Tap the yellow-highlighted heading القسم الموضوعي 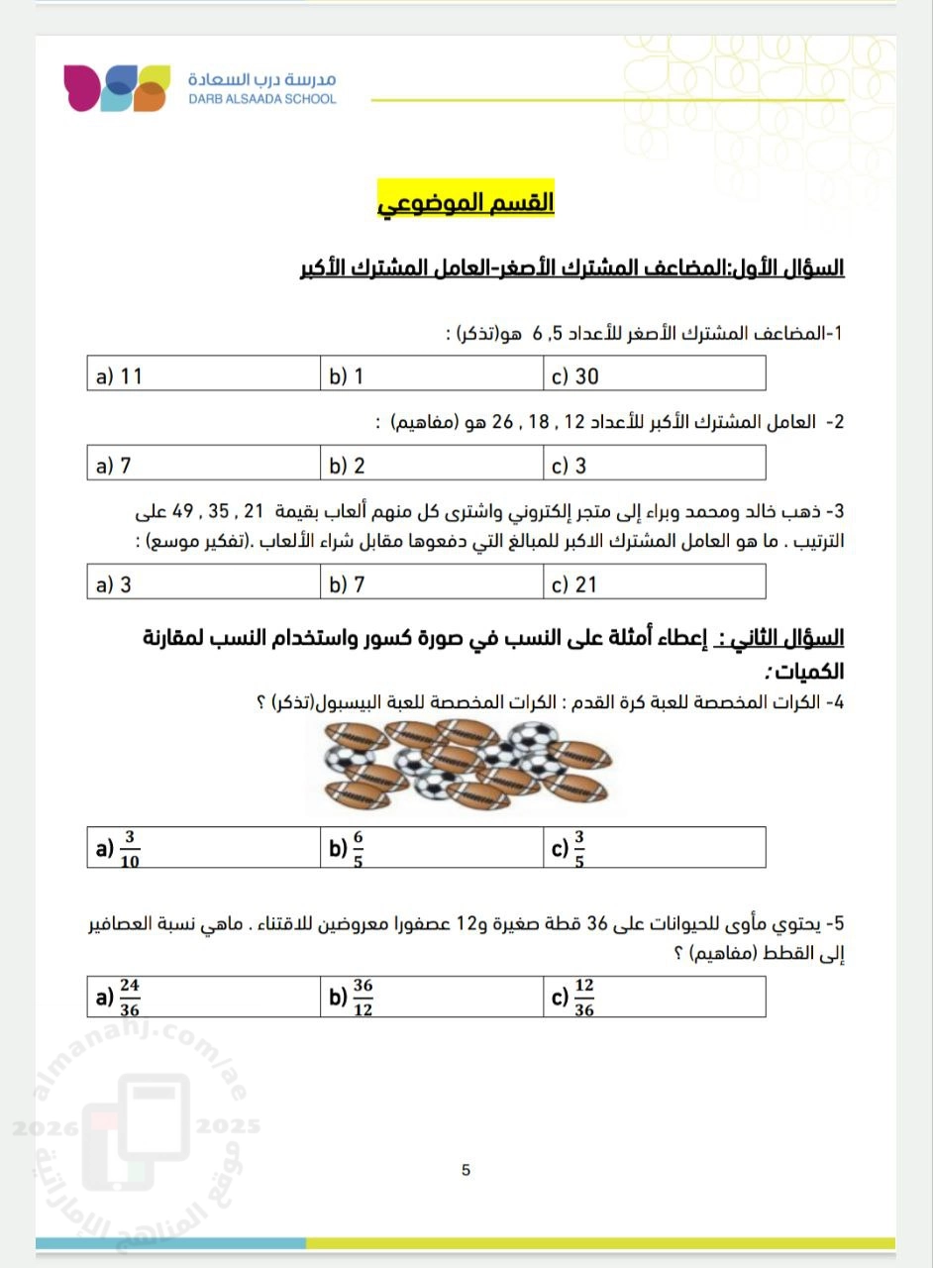click(466, 202)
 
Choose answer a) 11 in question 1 click(120, 376)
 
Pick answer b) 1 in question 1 click(347, 376)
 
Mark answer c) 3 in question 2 click(570, 467)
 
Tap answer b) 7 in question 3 click(347, 585)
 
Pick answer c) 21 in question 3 click(575, 585)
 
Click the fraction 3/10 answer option click(119, 849)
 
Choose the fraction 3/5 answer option click(570, 849)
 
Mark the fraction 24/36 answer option click(119, 998)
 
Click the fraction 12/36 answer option click(574, 998)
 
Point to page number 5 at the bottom click(466, 1170)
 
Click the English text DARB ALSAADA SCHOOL click(261, 99)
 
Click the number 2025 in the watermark click(229, 1126)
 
